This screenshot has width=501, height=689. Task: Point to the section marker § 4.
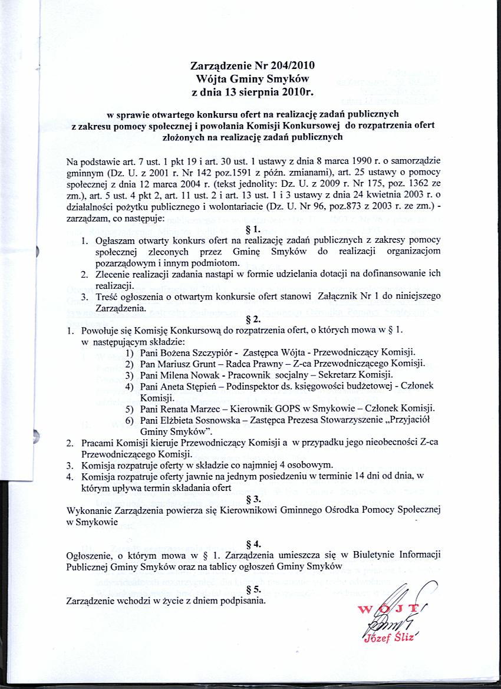click(x=253, y=543)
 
